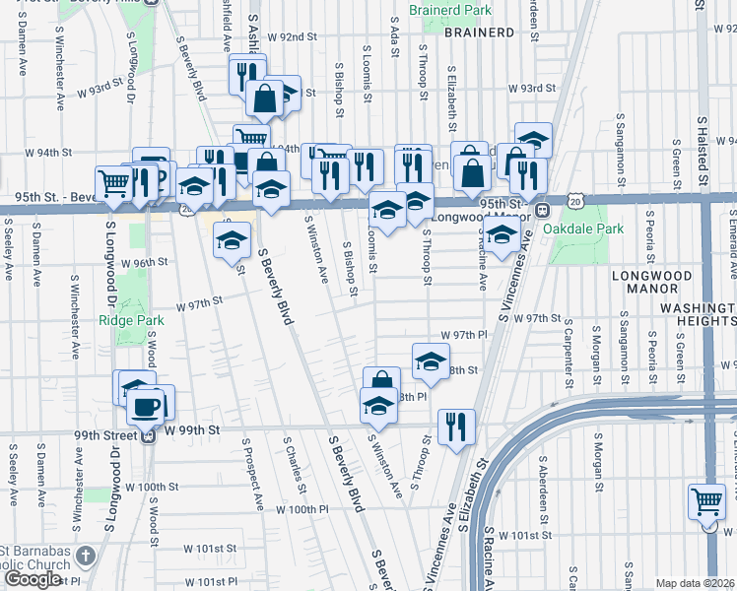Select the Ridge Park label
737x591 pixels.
point(123,320)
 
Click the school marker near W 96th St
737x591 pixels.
point(233,239)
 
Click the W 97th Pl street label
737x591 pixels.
point(463,336)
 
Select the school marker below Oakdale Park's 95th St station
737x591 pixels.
point(502,235)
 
